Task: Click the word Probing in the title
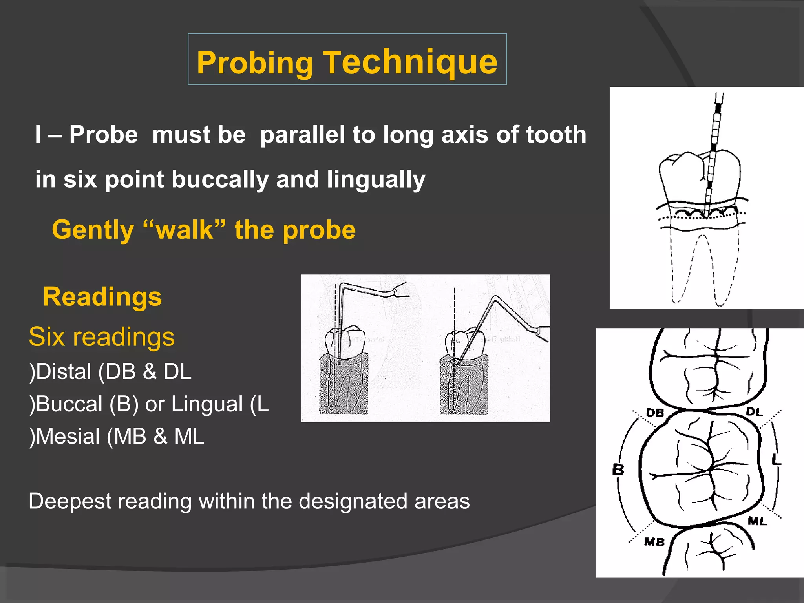coord(254,63)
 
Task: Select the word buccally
coord(220,179)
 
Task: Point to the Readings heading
coord(102,297)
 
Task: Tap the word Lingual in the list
coord(207,404)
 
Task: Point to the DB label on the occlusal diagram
coord(655,413)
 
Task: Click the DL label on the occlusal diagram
coord(754,412)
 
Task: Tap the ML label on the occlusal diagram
coord(757,521)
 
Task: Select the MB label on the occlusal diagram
coord(654,542)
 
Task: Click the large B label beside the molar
coord(618,469)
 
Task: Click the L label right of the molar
coord(776,459)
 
